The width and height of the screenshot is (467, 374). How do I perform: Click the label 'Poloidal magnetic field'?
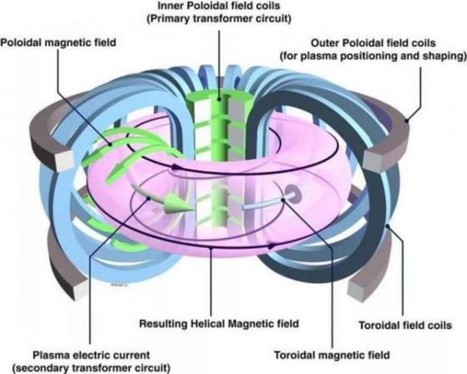[58, 43]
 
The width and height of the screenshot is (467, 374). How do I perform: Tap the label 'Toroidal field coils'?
[405, 325]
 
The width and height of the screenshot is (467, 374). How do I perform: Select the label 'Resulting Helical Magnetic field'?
[219, 323]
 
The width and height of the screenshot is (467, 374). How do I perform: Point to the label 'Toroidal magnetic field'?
[332, 355]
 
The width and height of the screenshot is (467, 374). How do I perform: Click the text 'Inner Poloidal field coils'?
[219, 5]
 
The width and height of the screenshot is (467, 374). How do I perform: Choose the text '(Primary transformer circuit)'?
[219, 19]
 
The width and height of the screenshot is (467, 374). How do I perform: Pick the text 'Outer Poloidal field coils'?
[373, 43]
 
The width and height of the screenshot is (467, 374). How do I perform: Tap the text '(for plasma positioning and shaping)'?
[373, 56]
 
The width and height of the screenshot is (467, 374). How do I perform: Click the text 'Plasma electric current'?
[91, 355]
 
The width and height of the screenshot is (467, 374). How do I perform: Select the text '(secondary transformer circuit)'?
[91, 368]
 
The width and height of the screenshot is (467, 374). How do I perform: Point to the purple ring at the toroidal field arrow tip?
[293, 194]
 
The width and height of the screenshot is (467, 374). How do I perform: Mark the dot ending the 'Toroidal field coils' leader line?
[388, 226]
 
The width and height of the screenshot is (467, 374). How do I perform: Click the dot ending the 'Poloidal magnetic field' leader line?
[111, 145]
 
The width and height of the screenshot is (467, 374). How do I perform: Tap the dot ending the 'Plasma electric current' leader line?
[149, 197]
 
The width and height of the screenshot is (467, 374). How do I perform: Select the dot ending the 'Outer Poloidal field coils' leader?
[406, 121]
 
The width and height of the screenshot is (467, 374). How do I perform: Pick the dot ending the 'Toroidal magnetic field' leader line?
[283, 200]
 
